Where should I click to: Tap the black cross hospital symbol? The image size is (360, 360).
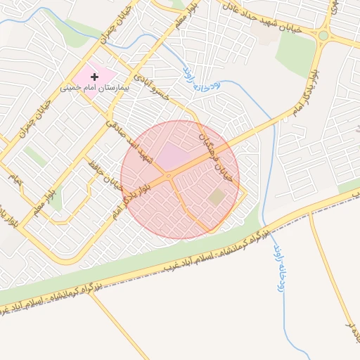pos(94,76)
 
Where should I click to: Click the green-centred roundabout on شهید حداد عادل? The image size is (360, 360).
pos(323,35)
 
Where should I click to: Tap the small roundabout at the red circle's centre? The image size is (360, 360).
pos(169,176)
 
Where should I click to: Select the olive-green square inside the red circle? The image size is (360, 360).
pos(217,197)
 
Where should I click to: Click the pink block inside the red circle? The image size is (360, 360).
pos(172,155)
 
